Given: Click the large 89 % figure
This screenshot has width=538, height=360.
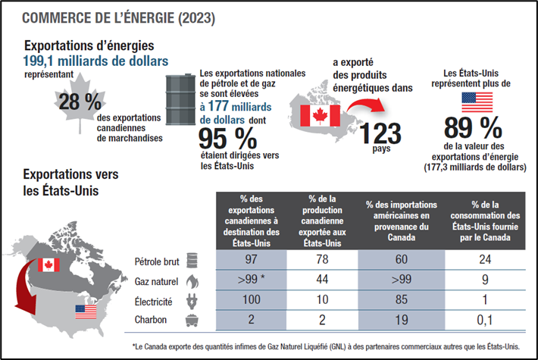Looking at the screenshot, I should tap(473, 127).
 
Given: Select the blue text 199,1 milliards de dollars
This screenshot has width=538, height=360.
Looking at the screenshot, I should tap(95, 61).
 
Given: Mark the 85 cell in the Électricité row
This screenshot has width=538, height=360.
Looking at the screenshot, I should tap(402, 300).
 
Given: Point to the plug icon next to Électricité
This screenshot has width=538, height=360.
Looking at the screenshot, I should tap(192, 300).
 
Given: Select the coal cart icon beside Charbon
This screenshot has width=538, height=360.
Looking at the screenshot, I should tap(192, 320).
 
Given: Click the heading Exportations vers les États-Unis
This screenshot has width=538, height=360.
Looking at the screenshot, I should tap(70, 182).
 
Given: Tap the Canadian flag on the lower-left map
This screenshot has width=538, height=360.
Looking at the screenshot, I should tap(48, 265).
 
